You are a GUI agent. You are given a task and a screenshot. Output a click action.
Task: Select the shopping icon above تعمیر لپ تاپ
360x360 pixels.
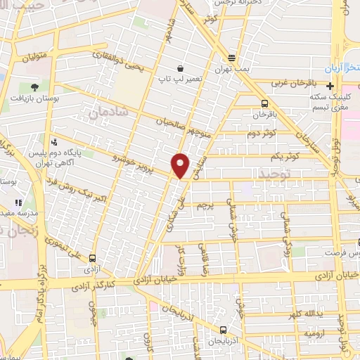181,68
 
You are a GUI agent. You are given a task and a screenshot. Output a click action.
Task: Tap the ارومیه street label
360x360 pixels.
307,333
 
